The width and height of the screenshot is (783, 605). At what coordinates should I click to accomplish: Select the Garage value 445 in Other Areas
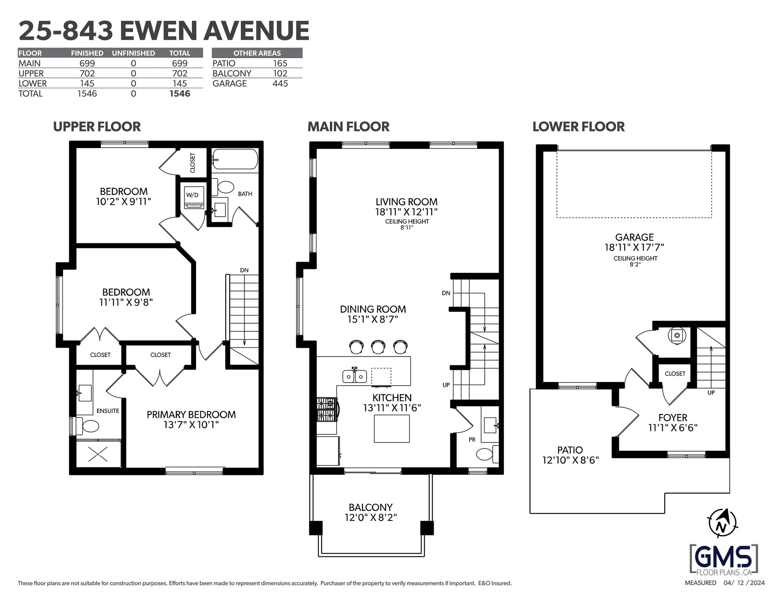tap(280, 84)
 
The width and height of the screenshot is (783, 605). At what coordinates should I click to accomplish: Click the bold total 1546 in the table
tap(180, 93)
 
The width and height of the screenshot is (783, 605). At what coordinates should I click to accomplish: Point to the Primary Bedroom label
tap(191, 414)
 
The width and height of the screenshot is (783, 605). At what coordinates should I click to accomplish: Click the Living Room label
tap(406, 202)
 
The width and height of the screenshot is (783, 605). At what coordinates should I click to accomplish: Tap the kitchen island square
tap(392, 428)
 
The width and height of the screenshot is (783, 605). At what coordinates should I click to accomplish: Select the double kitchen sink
tap(355, 376)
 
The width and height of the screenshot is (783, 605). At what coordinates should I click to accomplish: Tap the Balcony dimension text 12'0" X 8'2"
tap(370, 517)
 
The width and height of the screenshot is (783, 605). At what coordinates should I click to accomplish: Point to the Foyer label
tap(673, 417)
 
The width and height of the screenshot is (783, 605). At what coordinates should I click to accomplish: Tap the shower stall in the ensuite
tap(98, 453)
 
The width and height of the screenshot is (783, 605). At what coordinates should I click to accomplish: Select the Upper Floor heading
tap(97, 126)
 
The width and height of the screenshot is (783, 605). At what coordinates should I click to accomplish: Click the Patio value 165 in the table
tap(280, 63)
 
